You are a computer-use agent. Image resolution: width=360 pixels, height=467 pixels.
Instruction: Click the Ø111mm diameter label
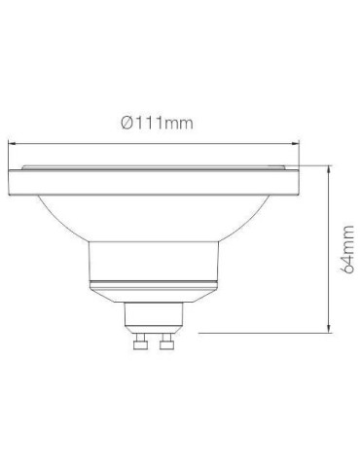[x=158, y=124]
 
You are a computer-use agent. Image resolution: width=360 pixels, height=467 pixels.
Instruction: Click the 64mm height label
[x=348, y=249]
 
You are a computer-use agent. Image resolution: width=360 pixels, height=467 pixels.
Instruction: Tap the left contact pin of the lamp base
[x=140, y=341]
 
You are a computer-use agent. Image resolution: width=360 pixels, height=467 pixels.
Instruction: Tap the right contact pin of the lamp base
[x=165, y=341]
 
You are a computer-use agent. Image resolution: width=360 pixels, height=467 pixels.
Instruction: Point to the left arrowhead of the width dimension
[x=12, y=143]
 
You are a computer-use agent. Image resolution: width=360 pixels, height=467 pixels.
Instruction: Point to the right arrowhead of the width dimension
[x=295, y=143]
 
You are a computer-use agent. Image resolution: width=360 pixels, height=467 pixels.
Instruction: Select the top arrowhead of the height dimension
[x=329, y=169]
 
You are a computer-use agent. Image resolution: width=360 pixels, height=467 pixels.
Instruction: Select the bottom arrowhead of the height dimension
[x=329, y=328]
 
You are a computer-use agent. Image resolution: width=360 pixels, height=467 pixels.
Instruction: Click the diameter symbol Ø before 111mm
[x=126, y=124]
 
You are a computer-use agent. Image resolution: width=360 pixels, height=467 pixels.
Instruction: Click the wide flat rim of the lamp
[x=153, y=183]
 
